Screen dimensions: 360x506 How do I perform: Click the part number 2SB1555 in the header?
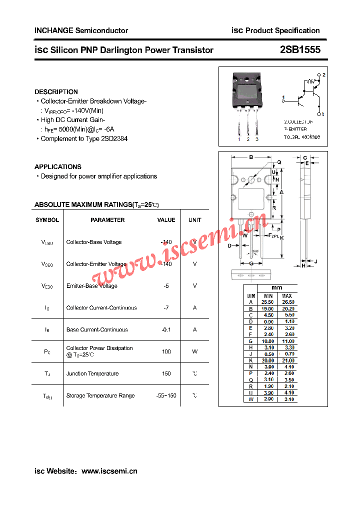pos(300,49)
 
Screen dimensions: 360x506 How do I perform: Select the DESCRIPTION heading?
pos(56,91)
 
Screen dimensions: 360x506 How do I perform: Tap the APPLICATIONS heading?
pos(58,166)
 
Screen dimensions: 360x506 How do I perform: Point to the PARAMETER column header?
pos(107,220)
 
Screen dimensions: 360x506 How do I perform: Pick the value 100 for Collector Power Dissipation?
pos(166,351)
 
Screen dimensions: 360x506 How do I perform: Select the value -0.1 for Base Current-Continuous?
pos(166,329)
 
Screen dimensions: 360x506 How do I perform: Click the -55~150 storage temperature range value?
pos(166,395)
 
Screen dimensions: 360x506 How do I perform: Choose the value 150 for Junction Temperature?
pos(166,373)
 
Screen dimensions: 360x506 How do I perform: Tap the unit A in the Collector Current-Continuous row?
pos(195,308)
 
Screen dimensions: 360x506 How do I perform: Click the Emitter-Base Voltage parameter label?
pos(92,286)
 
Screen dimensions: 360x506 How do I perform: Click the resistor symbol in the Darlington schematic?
pos(311,81)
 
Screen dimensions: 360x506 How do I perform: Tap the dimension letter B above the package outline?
pos(251,157)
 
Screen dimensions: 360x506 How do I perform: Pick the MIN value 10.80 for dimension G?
pos(267,341)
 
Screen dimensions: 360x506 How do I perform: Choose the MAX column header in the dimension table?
pos(287,296)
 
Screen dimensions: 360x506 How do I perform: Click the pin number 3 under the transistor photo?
pos(257,139)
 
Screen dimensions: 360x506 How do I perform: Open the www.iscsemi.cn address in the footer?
pos(109,471)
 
